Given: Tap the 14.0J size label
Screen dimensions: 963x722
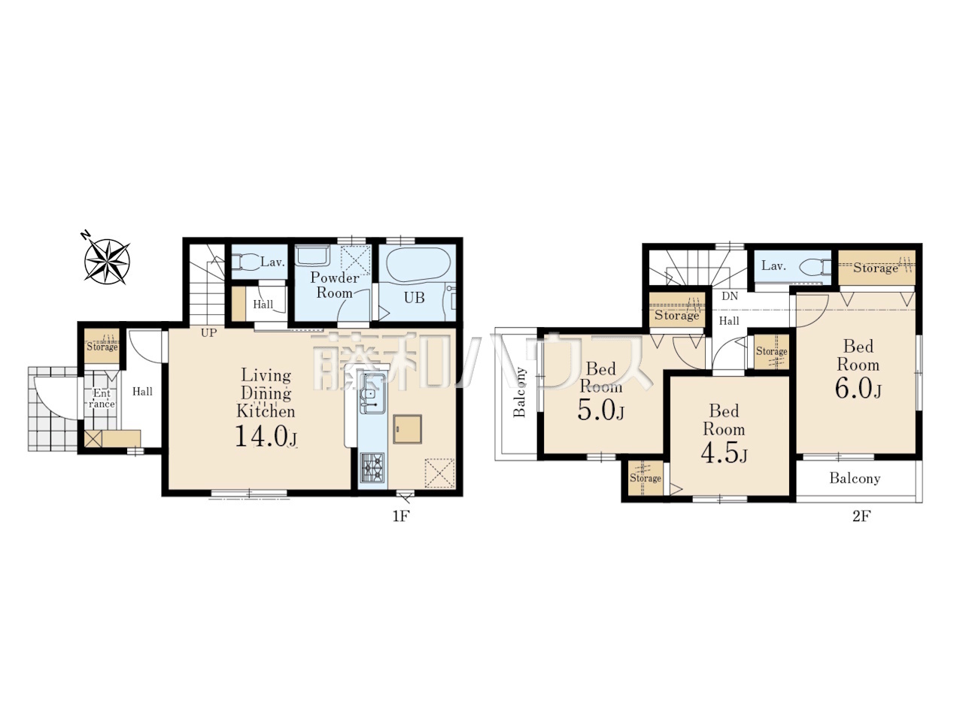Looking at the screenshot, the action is [266, 435].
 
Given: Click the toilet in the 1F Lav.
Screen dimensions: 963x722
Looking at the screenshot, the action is [244, 262].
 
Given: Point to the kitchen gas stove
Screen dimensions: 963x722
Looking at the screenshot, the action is [372, 469].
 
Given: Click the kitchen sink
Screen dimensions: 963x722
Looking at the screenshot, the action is [372, 393].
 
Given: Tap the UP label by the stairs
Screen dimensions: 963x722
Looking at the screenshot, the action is [208, 332].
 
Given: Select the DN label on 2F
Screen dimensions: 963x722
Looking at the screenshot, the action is [730, 296].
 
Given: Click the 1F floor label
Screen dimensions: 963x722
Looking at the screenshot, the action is [400, 517].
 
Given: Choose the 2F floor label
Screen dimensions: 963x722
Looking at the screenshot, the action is [861, 517].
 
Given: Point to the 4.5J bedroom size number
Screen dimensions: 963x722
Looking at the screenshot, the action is [724, 454].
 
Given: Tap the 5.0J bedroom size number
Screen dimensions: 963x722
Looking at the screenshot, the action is [600, 411].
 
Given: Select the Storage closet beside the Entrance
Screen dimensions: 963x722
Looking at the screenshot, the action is [102, 346].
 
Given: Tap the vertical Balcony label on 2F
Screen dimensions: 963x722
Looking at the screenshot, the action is [519, 392].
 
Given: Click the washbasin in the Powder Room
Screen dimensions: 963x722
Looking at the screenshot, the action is [313, 255].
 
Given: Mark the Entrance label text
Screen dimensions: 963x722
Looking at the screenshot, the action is [102, 399].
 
